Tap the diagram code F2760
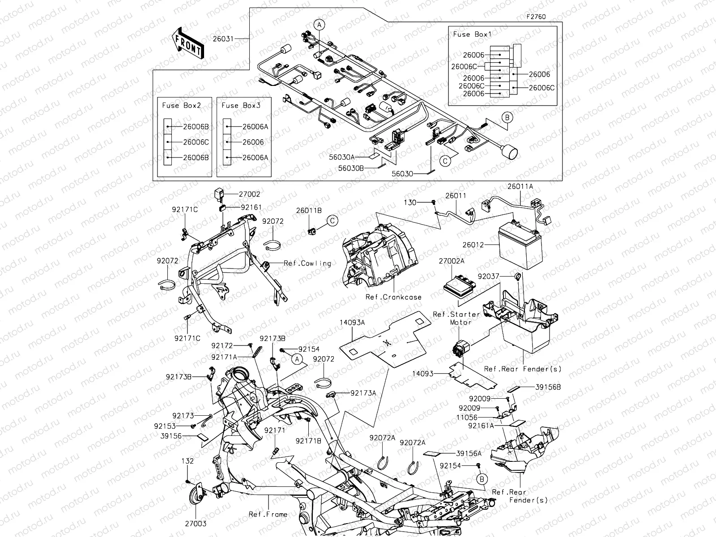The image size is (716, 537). coord(536,17)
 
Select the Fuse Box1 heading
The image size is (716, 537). coord(472,34)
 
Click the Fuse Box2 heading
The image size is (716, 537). coord(181,106)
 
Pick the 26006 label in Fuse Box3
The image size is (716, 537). coord(253,142)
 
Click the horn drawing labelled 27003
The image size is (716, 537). coord(197,496)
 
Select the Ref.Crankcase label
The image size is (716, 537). coord(393,297)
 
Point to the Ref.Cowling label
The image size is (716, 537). coord(307,263)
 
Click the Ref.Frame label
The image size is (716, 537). coord(268,514)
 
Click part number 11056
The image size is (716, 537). coord(480,417)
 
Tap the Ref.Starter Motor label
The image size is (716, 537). coord(456,318)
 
